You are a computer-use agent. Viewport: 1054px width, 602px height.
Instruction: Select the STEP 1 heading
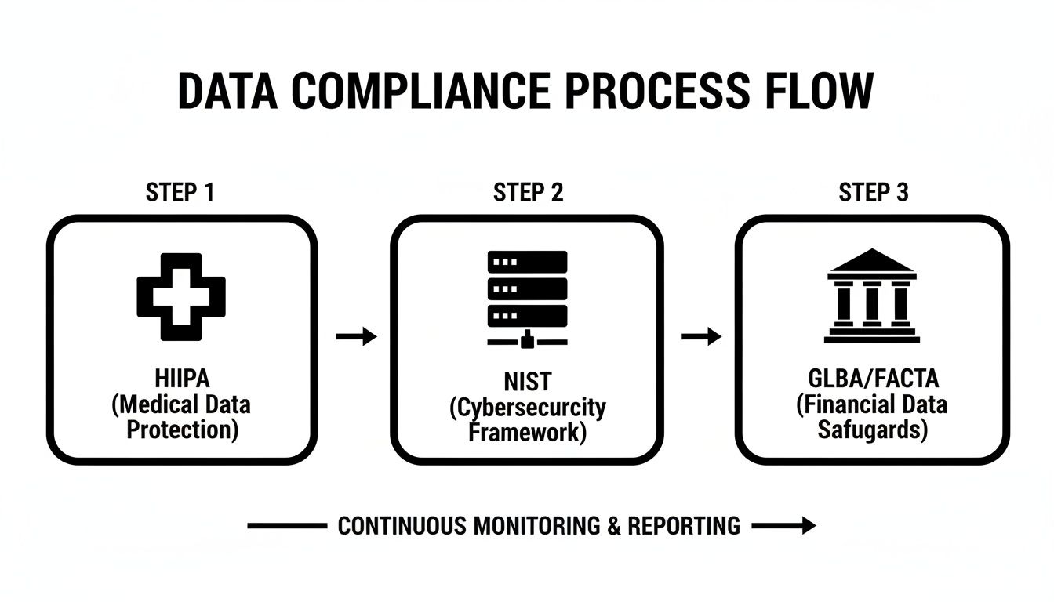point(180,193)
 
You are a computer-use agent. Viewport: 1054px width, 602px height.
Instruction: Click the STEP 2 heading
point(528,193)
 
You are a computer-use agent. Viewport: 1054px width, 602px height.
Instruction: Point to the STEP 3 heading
point(874,193)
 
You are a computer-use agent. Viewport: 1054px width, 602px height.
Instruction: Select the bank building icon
point(872,296)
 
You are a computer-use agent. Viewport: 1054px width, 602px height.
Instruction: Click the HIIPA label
point(181,379)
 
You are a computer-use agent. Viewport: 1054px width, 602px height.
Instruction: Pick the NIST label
point(527,383)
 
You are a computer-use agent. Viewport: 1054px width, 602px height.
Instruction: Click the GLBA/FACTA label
point(872,379)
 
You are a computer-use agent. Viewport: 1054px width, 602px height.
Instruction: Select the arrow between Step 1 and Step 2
point(356,337)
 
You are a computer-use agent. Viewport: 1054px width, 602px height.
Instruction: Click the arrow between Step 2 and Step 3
point(701,337)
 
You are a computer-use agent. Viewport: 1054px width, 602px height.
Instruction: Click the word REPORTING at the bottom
point(684,526)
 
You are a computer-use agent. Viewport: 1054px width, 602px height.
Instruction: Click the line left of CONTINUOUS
point(286,526)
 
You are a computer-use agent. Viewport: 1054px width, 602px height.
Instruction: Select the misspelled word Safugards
point(872,430)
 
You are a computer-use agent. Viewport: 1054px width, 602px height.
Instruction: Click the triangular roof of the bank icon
point(872,261)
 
